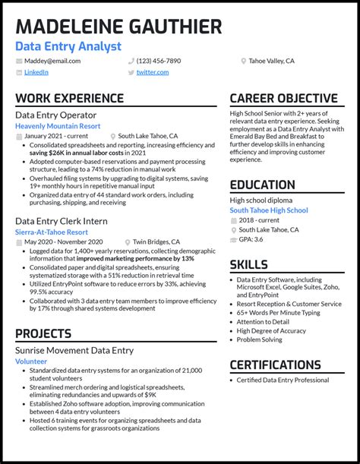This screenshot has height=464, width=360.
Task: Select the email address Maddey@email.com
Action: pyautogui.click(x=52, y=61)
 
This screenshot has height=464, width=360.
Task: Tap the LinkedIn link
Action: pyautogui.click(x=36, y=72)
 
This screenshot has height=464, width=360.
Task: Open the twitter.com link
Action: pyautogui.click(x=153, y=72)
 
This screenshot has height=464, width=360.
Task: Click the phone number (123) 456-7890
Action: pyautogui.click(x=159, y=61)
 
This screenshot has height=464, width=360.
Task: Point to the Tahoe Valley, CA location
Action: pyautogui.click(x=271, y=61)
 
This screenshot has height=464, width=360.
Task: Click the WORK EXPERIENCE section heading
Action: pyautogui.click(x=69, y=99)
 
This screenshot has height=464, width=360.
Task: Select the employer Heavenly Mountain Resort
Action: pyautogui.click(x=58, y=126)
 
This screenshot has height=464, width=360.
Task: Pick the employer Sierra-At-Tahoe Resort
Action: pyautogui.click(x=52, y=232)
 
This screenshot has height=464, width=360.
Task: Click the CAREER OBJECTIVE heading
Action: pyautogui.click(x=283, y=99)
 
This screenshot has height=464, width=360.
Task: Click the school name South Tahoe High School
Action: pyautogui.click(x=269, y=210)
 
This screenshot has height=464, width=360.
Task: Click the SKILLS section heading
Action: pyautogui.click(x=249, y=264)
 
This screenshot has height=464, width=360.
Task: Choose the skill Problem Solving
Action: pyautogui.click(x=259, y=339)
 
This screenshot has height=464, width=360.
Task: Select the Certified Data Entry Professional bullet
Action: pyautogui.click(x=283, y=380)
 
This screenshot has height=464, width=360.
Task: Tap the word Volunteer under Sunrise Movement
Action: pyautogui.click(x=31, y=361)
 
